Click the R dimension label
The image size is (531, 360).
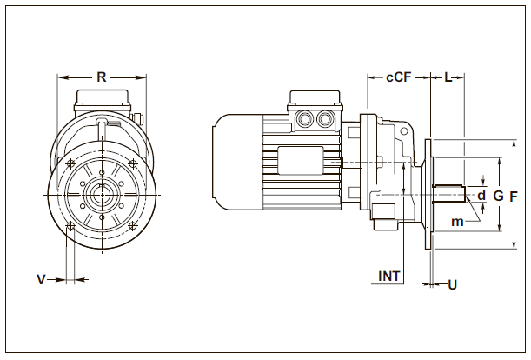pos(102,77)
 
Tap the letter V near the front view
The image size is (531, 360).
pos(40,279)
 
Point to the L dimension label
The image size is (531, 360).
pos(448,77)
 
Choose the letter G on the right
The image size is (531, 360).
pos(498,197)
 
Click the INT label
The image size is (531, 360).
pos(389,277)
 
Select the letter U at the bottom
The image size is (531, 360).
pos(452,284)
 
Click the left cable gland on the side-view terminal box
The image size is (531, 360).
pos(305,117)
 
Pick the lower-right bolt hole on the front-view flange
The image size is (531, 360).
pos(133,228)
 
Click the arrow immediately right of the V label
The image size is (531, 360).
pos(60,279)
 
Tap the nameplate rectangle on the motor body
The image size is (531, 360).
pos(298,160)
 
